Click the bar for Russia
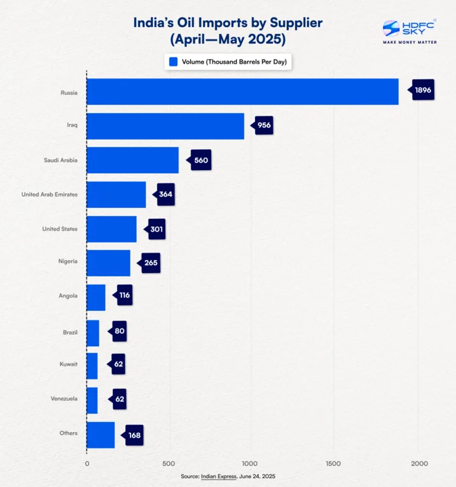point(242,91)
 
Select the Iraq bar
point(165,126)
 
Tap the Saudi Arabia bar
point(133,161)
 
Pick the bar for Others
point(101,434)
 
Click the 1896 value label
point(422,90)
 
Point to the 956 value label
point(263,125)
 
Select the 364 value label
point(165,194)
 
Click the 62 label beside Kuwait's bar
point(118,364)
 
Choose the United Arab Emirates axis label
point(49,194)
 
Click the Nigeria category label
point(68,262)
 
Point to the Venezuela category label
point(64,398)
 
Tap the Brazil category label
point(70,331)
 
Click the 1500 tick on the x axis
point(333,463)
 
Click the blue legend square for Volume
point(173,62)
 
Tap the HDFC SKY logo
point(409,30)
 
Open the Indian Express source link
point(219,477)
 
